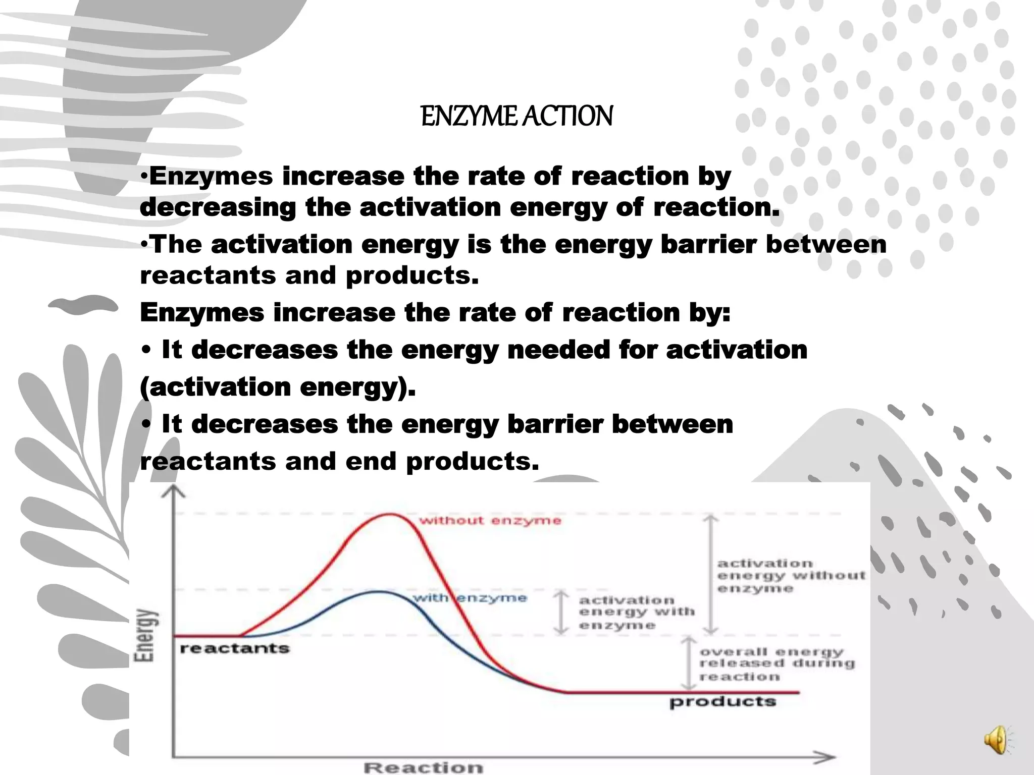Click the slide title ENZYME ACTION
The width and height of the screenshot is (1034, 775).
[516, 116]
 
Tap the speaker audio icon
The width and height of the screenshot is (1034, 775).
[996, 740]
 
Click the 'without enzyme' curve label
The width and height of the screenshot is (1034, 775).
[490, 521]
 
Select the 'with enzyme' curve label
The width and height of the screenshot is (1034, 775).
[470, 598]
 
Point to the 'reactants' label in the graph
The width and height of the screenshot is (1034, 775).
[235, 648]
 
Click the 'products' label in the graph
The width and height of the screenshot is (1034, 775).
[722, 702]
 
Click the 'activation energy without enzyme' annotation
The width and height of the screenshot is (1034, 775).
[791, 576]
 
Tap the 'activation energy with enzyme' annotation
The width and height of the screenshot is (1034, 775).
[636, 613]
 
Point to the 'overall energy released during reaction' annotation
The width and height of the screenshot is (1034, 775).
[777, 664]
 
